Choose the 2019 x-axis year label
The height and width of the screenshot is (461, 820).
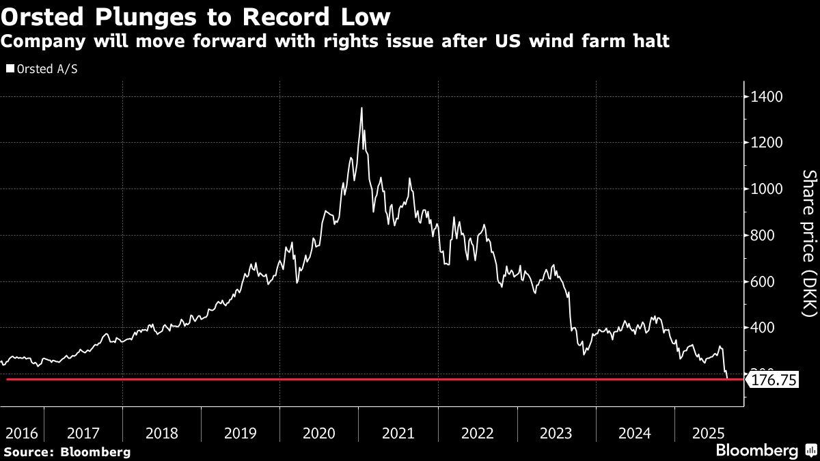241,433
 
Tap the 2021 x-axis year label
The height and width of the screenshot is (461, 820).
398,433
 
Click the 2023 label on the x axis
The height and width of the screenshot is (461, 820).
556,433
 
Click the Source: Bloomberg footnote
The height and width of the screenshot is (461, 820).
67,451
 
